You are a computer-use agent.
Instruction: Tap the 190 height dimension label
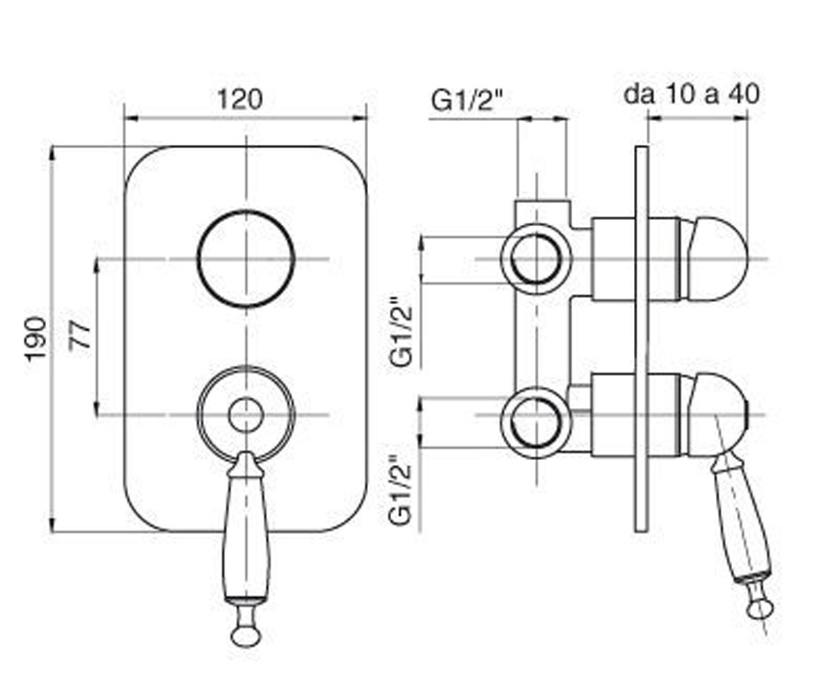(x=36, y=339)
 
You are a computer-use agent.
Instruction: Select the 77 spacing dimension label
(x=79, y=336)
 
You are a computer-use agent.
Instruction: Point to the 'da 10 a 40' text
(x=692, y=95)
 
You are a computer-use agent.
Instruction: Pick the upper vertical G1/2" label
(x=401, y=332)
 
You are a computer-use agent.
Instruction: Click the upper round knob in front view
(x=246, y=212)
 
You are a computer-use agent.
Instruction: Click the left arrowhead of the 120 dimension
(x=131, y=118)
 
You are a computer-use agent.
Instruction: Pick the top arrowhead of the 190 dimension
(x=52, y=154)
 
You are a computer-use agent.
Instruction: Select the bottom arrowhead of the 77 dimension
(x=97, y=408)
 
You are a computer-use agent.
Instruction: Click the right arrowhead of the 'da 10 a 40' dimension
(x=740, y=118)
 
